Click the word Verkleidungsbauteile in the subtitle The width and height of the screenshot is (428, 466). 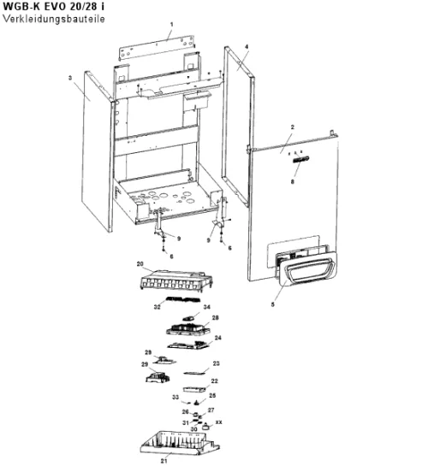pyautogui.click(x=54, y=19)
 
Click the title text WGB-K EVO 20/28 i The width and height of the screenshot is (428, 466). pyautogui.click(x=54, y=6)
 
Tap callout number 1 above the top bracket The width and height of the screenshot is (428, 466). pyautogui.click(x=171, y=25)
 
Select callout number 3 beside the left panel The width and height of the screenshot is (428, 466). pyautogui.click(x=70, y=78)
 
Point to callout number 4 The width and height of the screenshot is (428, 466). pyautogui.click(x=247, y=47)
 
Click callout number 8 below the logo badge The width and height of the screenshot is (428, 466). pyautogui.click(x=293, y=181)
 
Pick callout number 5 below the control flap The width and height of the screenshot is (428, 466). pyautogui.click(x=273, y=304)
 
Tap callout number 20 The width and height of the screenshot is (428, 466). pyautogui.click(x=140, y=264)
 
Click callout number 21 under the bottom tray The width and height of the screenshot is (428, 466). pyautogui.click(x=163, y=461)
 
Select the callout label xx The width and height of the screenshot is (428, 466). pyautogui.click(x=218, y=422)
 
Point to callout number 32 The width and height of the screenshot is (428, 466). pyautogui.click(x=157, y=307)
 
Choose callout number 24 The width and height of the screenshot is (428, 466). pyautogui.click(x=218, y=338)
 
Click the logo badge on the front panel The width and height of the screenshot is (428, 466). pyautogui.click(x=301, y=159)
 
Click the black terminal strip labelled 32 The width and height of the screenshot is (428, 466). pyautogui.click(x=183, y=299)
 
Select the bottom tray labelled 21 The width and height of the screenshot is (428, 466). pyautogui.click(x=180, y=443)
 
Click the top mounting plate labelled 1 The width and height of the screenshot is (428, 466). pyautogui.click(x=157, y=48)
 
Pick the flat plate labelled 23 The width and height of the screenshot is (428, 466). pyautogui.click(x=195, y=373)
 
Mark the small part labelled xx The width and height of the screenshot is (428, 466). pyautogui.click(x=205, y=428)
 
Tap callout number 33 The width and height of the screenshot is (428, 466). pyautogui.click(x=175, y=397)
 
